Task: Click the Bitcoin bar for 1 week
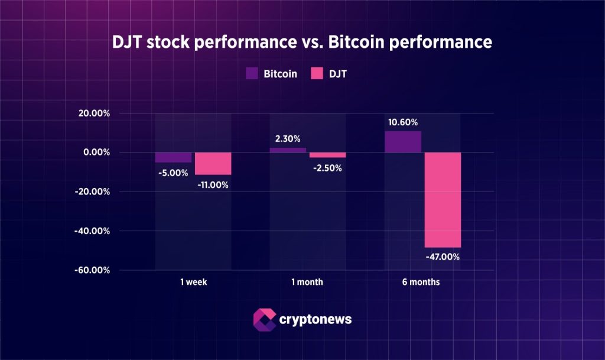[173, 157]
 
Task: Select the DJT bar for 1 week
[213, 164]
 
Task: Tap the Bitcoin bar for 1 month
[288, 150]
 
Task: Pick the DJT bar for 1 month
[327, 155]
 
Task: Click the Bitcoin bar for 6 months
[403, 142]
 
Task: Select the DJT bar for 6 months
[442, 200]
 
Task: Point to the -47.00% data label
[442, 257]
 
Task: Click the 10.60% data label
[403, 122]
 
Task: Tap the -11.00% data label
[212, 184]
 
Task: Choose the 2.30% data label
[288, 139]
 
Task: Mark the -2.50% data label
[327, 167]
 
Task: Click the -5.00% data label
[173, 173]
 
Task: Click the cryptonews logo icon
[264, 319]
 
